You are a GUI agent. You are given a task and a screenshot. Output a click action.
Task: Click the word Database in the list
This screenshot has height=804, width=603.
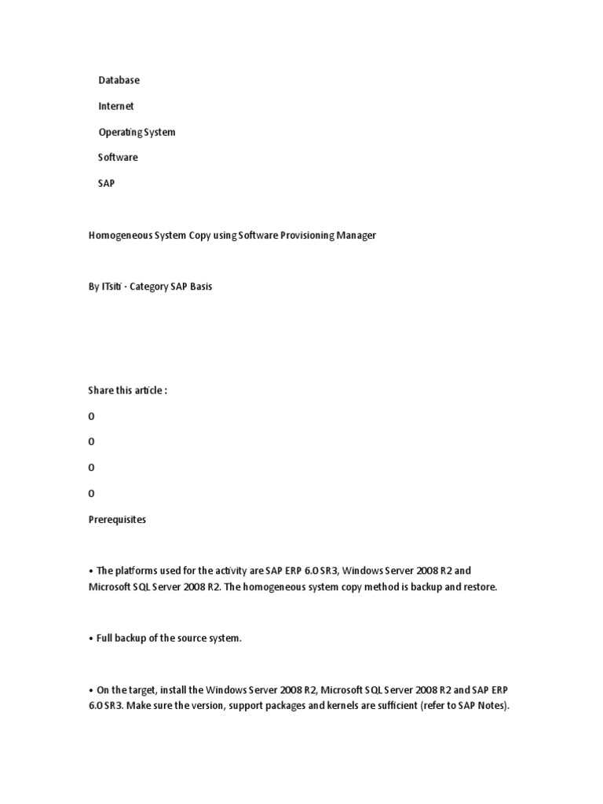point(119,80)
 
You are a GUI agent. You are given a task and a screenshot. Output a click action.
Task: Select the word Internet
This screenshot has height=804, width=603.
point(116,106)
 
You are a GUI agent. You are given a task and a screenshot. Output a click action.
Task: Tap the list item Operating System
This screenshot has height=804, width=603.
point(137,132)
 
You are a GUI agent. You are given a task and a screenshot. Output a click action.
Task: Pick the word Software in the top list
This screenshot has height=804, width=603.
point(118,157)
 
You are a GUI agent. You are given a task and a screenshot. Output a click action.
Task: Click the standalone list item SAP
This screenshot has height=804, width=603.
point(106,183)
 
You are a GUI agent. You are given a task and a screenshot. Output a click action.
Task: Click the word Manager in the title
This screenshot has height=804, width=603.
point(355,236)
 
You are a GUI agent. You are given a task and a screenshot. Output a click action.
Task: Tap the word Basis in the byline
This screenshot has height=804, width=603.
point(198,287)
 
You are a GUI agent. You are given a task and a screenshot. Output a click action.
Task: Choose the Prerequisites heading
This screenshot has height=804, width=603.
point(117,520)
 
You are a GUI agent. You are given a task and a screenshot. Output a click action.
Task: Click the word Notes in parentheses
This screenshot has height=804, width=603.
point(492,706)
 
